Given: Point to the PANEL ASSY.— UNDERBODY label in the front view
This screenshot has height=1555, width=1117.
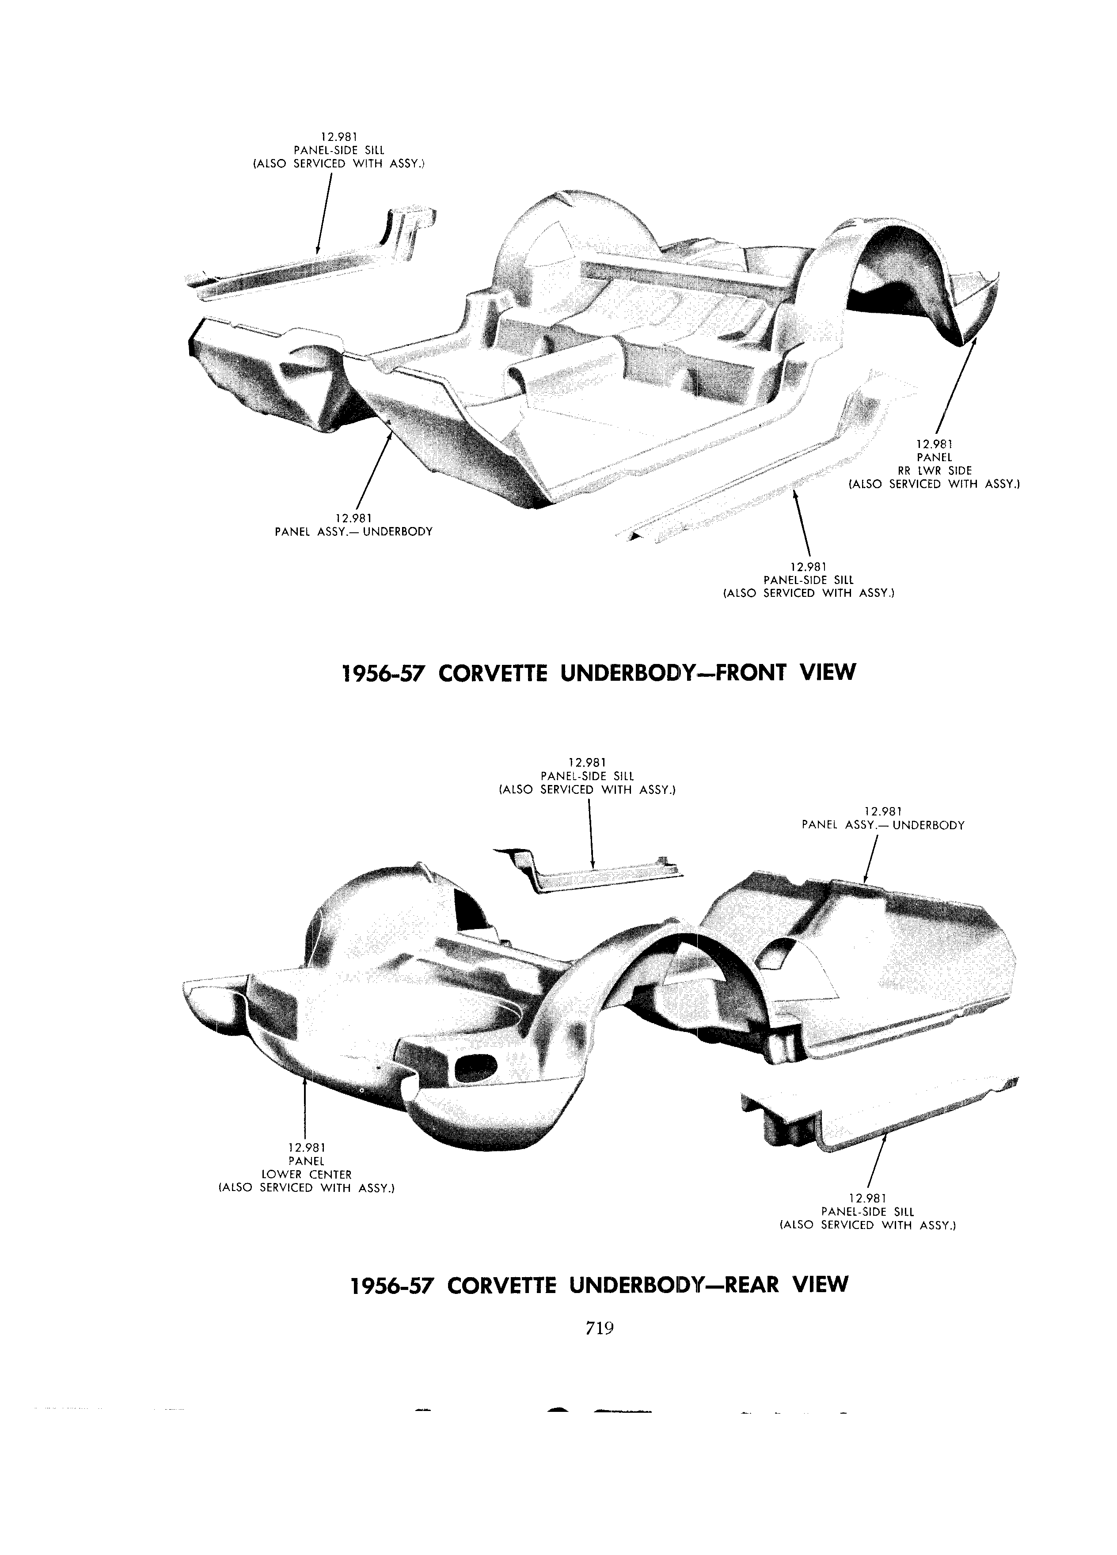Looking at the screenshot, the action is click(353, 531).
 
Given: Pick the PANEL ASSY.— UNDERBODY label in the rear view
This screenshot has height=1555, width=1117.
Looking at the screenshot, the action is click(883, 826).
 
